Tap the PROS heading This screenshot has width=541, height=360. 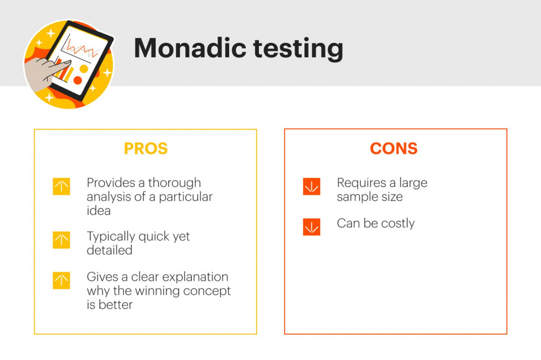(x=146, y=149)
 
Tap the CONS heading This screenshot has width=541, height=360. (x=394, y=149)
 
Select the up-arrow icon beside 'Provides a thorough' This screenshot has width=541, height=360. (x=61, y=187)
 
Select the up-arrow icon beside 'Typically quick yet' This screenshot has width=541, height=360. (x=61, y=240)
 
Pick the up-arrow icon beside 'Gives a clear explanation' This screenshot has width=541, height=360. (x=61, y=280)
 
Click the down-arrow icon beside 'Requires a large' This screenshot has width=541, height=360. (x=312, y=187)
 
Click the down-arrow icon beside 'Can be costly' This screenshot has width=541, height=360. (x=312, y=227)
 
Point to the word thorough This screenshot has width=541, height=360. (x=174, y=183)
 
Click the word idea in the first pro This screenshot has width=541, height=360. (x=99, y=211)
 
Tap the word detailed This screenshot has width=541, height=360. (x=109, y=250)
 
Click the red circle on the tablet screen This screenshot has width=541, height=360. (x=78, y=80)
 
